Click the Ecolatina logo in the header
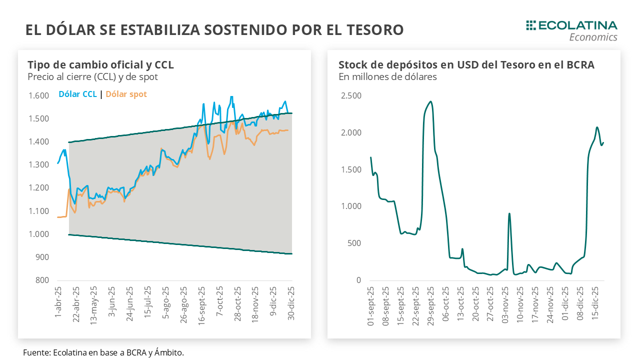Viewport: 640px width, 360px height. click(572, 30)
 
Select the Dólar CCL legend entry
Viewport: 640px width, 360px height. click(78, 94)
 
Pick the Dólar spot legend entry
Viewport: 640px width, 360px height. click(126, 94)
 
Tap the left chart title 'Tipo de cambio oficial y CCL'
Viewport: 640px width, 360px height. click(100, 65)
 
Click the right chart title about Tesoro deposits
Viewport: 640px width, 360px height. click(466, 65)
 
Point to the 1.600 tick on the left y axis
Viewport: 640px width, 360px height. click(38, 96)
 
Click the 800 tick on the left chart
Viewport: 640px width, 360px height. click(42, 280)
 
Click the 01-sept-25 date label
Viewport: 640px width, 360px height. click(371, 306)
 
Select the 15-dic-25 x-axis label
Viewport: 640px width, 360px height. click(595, 306)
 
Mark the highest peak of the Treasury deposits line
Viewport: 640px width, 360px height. click(430, 101)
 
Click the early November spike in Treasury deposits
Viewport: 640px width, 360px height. click(509, 213)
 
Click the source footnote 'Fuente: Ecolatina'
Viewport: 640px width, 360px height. click(103, 352)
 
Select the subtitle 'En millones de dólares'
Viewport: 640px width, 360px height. click(387, 77)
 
